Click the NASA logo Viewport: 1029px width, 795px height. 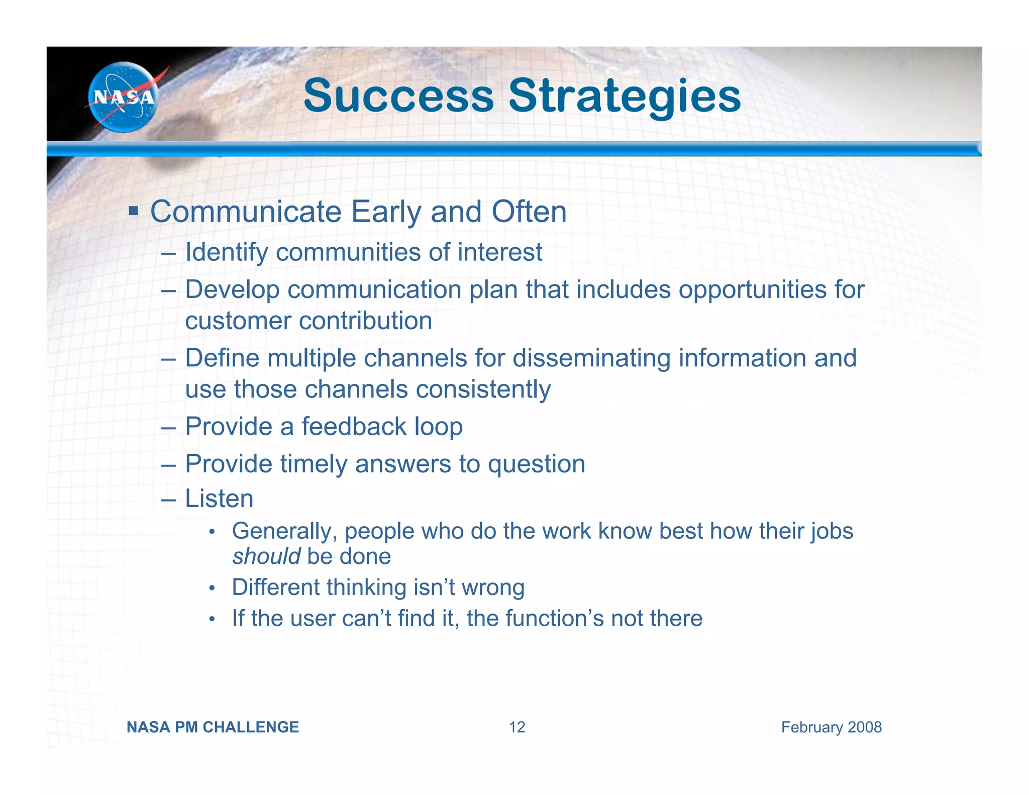point(123,97)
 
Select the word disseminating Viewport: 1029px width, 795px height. point(591,358)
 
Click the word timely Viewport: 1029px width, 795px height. point(314,464)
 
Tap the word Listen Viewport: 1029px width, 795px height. point(219,499)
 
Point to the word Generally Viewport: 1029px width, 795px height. point(284,531)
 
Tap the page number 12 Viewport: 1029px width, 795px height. point(517,727)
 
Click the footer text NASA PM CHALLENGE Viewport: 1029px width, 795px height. point(213,727)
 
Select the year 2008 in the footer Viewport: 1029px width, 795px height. point(864,727)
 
